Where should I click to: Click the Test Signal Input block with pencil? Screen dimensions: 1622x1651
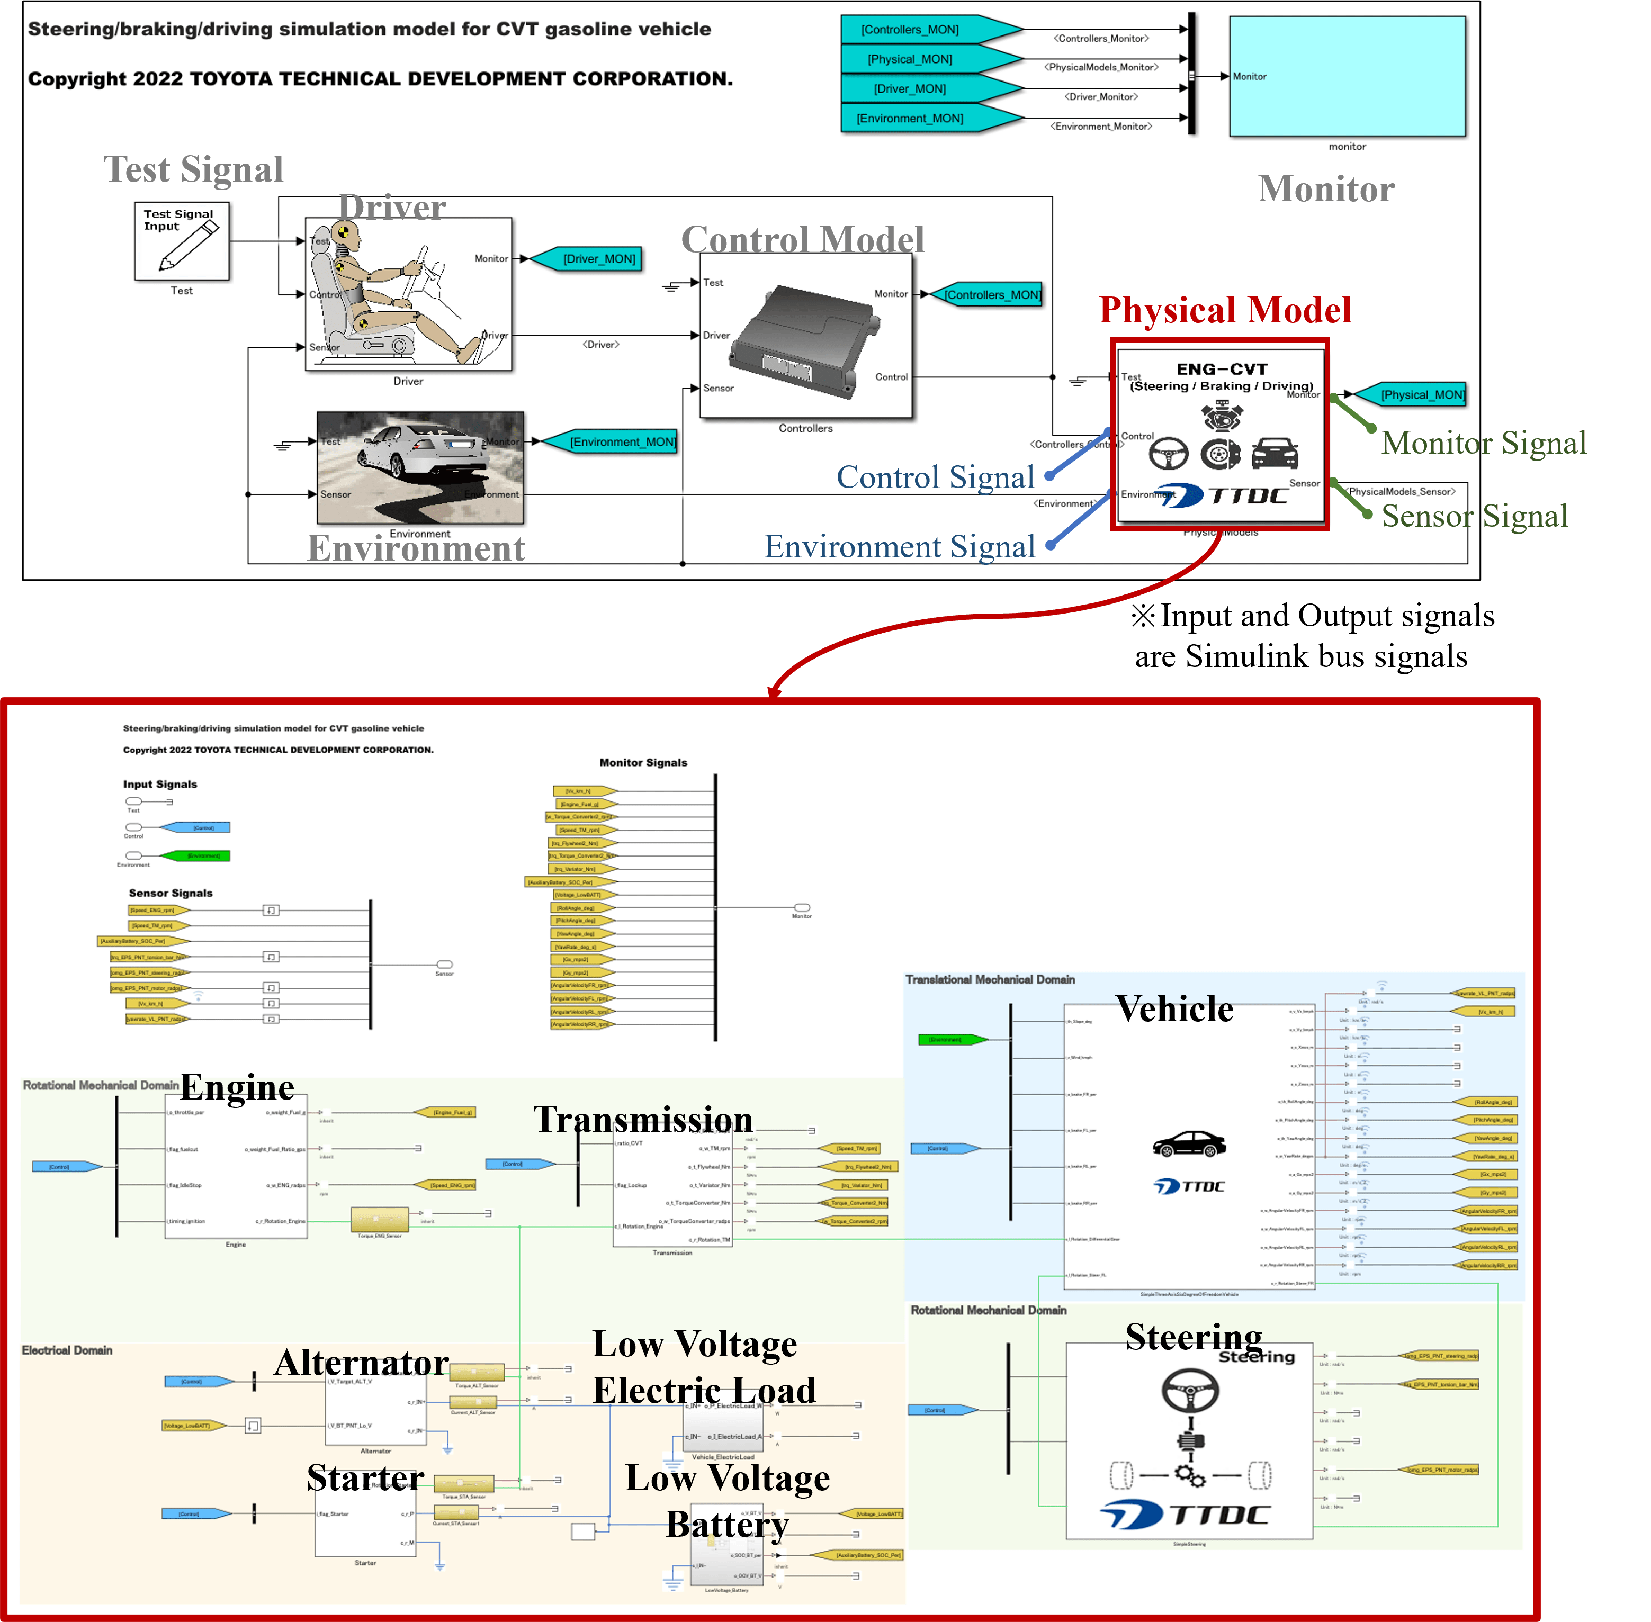pos(182,241)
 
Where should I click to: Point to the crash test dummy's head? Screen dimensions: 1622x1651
pos(344,232)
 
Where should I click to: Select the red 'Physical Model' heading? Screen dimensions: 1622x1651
pos(1225,310)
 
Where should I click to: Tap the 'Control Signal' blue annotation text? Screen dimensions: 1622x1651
pos(936,477)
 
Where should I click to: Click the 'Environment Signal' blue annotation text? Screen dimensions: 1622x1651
pos(900,546)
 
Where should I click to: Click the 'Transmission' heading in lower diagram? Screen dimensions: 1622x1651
pos(643,1119)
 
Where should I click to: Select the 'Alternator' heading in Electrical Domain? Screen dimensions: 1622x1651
pos(361,1362)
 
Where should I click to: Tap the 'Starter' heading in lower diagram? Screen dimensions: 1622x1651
pos(365,1477)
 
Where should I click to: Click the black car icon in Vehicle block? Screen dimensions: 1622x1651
pos(1189,1143)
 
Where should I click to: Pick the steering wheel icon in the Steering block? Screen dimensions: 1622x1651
pos(1190,1390)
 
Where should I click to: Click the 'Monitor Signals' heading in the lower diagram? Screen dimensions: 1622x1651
pos(643,762)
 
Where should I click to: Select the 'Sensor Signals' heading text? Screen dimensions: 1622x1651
pos(171,893)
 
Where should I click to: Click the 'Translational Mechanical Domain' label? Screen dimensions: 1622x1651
pos(990,980)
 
